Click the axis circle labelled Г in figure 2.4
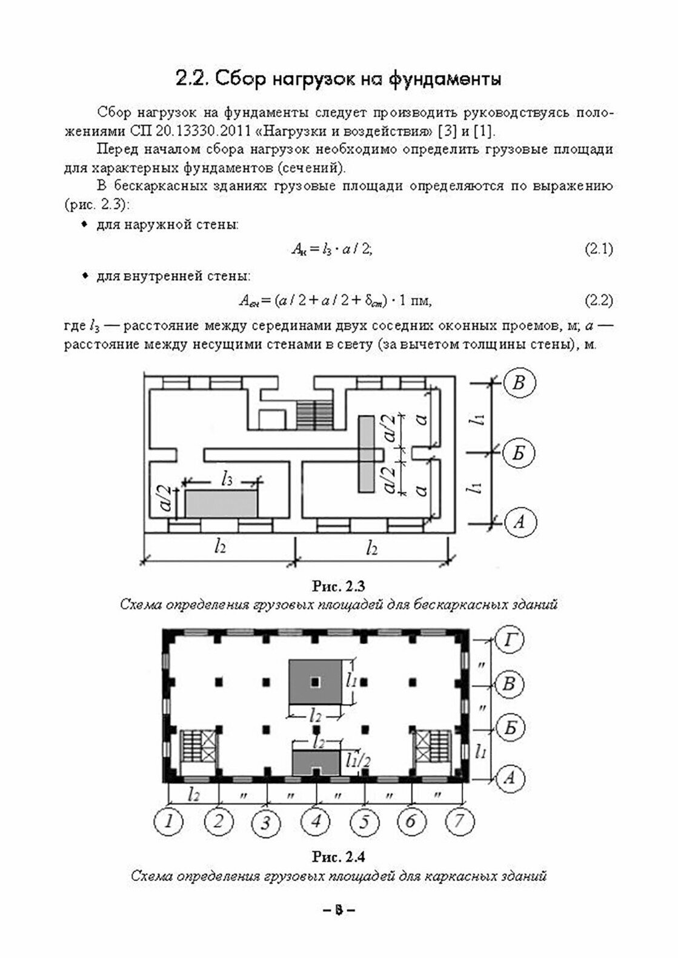click(510, 640)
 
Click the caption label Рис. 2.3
click(338, 586)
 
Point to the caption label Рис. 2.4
click(338, 857)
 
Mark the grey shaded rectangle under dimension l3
click(221, 504)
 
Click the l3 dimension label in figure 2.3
click(227, 481)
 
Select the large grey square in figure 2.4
click(315, 682)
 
